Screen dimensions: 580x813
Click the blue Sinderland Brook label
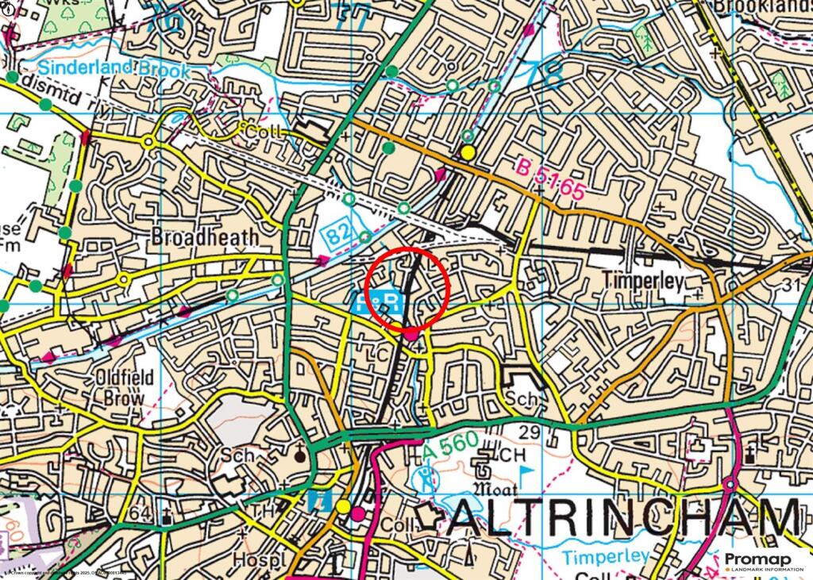point(114,69)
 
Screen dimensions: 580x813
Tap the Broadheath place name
point(205,236)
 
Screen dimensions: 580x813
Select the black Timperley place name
point(642,280)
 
